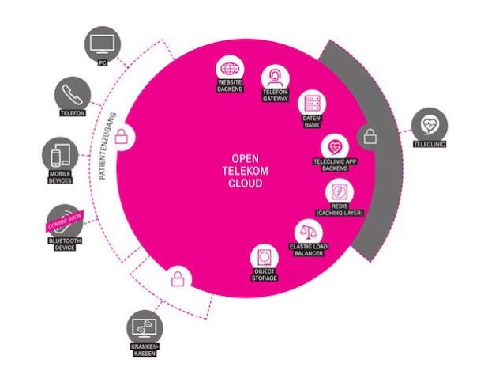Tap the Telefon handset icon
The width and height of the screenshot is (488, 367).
[x=72, y=93]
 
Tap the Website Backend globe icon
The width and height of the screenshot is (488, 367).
[x=231, y=69]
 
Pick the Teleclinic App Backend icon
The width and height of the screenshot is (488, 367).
[x=335, y=147]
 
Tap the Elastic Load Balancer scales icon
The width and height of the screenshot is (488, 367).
[x=308, y=233]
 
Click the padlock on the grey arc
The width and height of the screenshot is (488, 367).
[x=370, y=137]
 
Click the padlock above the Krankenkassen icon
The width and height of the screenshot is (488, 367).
[x=178, y=278]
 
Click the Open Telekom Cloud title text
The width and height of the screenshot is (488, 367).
[x=243, y=168]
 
